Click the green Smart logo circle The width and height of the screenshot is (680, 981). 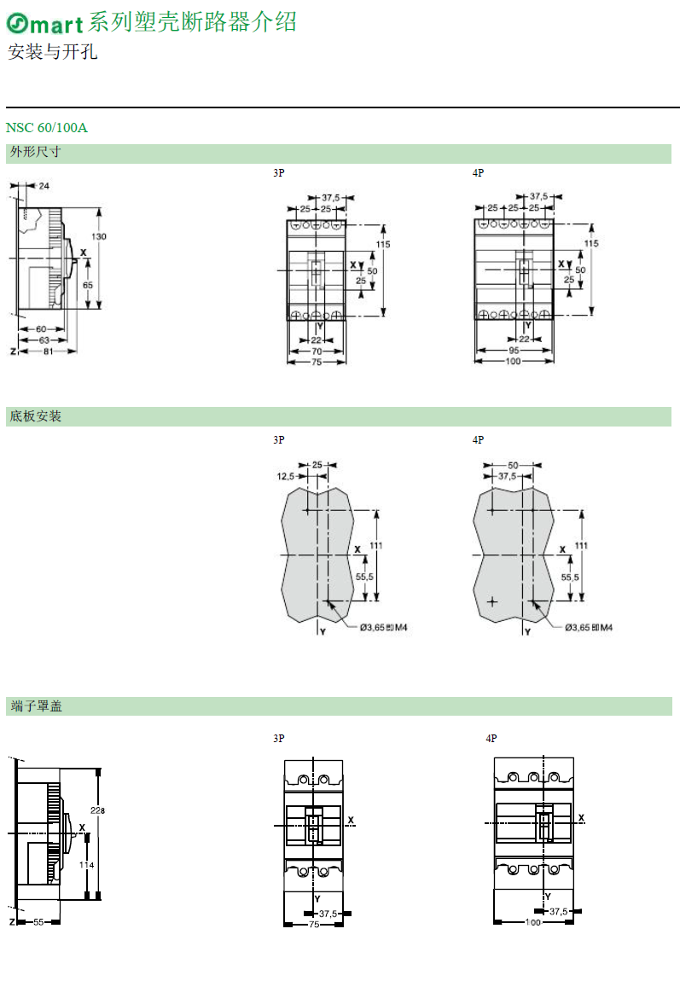click(17, 23)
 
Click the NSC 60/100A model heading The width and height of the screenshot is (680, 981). click(47, 128)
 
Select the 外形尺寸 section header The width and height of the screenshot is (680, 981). click(35, 152)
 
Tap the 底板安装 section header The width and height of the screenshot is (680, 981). click(35, 416)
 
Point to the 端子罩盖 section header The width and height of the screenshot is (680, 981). click(37, 706)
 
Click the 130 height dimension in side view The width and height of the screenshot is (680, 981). click(99, 236)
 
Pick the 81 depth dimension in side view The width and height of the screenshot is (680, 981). click(48, 351)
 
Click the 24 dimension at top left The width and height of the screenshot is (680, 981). click(44, 186)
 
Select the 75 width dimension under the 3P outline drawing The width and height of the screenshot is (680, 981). click(317, 363)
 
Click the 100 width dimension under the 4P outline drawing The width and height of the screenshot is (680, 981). click(513, 362)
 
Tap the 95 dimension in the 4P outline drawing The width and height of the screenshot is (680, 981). click(514, 351)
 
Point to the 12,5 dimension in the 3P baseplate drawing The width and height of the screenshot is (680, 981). click(285, 476)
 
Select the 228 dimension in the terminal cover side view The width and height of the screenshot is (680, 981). click(97, 810)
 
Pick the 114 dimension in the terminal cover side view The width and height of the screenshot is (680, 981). click(86, 865)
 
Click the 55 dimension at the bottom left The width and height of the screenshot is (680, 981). click(38, 922)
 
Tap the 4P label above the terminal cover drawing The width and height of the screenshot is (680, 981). click(491, 738)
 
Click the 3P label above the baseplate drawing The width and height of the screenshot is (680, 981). click(278, 440)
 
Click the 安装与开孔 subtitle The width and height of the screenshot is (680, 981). click(53, 51)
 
